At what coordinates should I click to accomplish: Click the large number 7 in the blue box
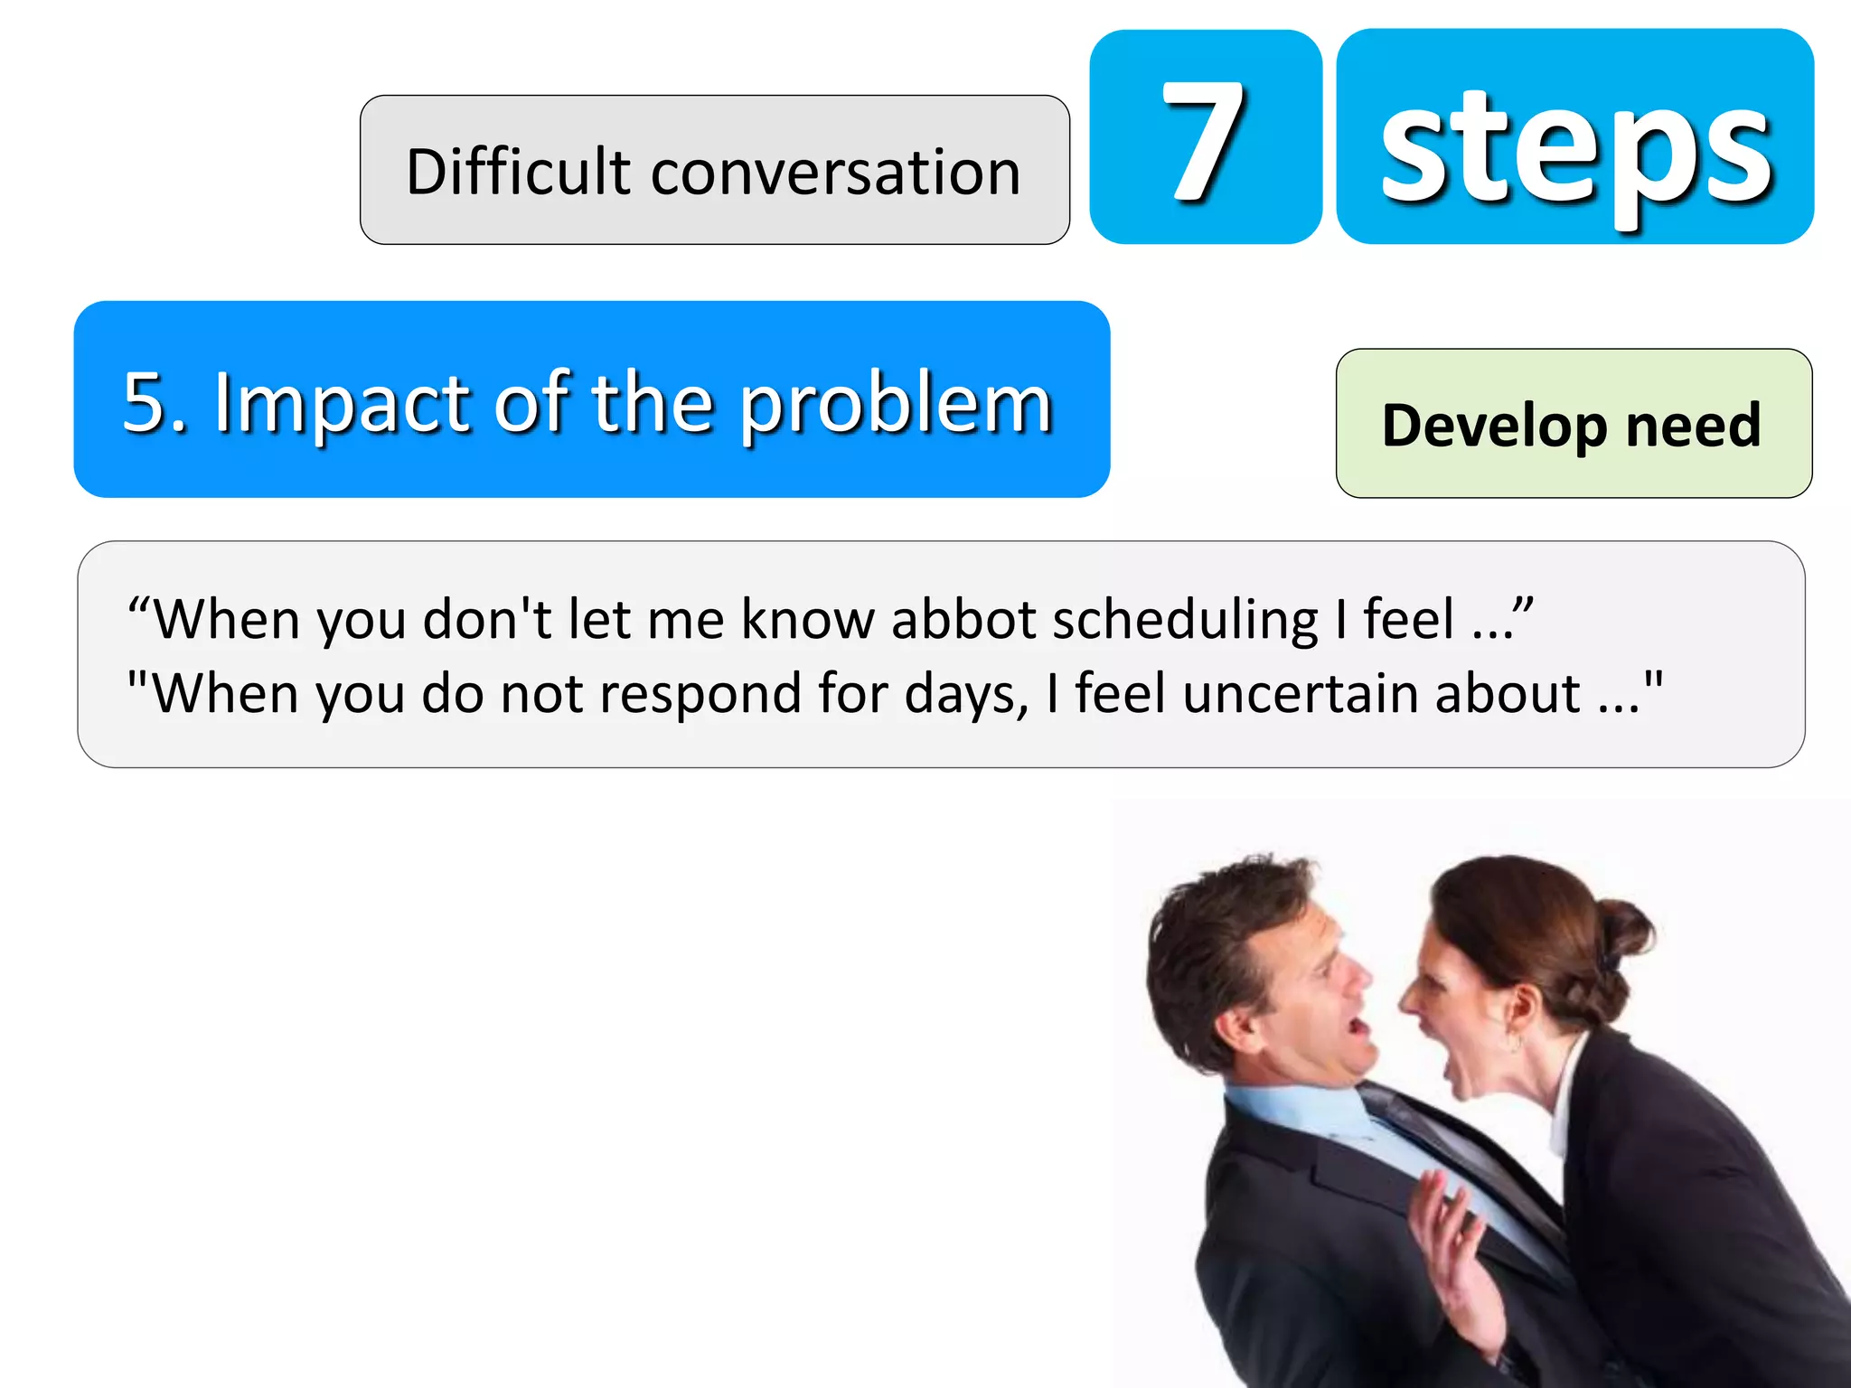coord(1205,140)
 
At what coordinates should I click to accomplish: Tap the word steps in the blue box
coord(1575,149)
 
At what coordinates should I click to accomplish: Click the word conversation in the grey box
coord(835,172)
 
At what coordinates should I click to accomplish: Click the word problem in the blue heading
coord(896,405)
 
